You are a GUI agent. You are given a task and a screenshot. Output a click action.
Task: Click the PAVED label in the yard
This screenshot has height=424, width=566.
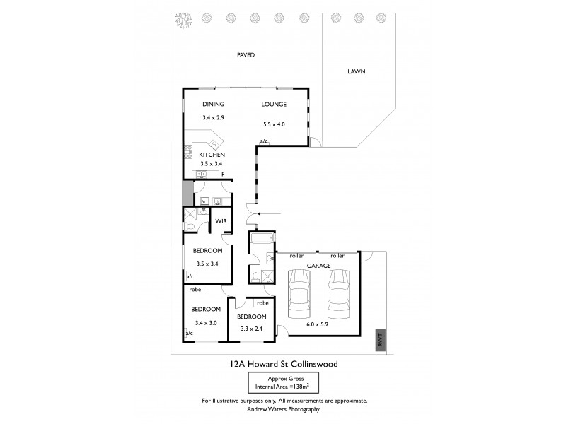pos(245,54)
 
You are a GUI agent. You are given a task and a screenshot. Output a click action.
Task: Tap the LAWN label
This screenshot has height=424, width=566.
pos(356,72)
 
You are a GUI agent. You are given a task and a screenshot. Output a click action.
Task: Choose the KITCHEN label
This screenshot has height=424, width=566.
pos(212,154)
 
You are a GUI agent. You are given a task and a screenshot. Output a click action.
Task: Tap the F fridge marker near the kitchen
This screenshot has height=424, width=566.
pos(223,173)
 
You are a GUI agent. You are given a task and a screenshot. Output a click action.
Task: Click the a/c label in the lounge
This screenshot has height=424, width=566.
pos(263,141)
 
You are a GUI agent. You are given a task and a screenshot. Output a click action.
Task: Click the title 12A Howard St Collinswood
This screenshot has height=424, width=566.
pos(282,365)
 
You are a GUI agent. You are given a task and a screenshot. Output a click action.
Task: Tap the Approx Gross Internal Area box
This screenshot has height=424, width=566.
pos(283,382)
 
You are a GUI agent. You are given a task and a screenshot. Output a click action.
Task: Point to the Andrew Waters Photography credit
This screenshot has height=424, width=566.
pos(283,408)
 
